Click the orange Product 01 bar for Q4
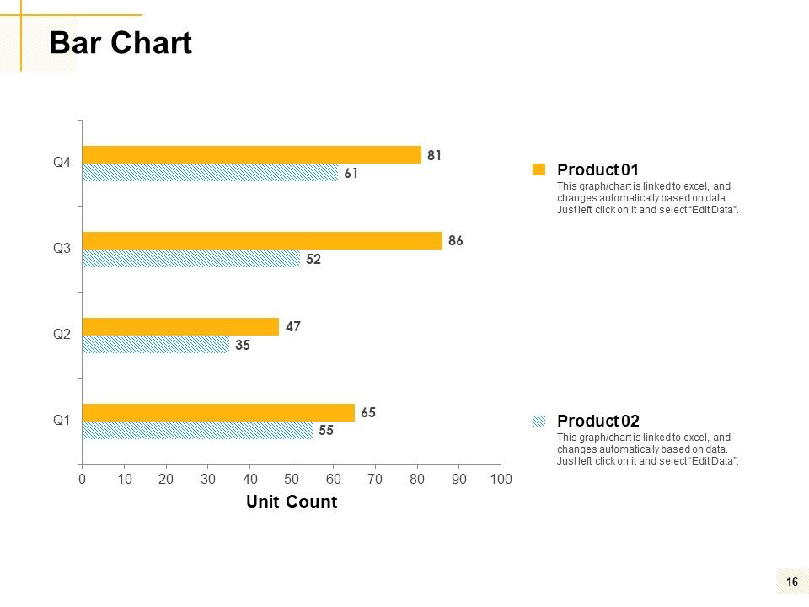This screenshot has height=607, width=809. [x=252, y=155]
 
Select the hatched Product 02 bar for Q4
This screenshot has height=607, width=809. [x=210, y=172]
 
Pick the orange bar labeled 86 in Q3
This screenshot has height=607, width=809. [x=263, y=240]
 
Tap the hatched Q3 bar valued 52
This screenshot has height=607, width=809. [x=191, y=258]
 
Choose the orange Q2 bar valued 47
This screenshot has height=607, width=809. [x=180, y=327]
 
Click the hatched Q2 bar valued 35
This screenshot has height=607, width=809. [x=156, y=344]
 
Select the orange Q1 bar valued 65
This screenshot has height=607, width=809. [x=219, y=412]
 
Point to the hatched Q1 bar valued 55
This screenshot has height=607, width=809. [x=197, y=430]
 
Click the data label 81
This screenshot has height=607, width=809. [x=435, y=155]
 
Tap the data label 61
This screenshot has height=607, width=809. [x=351, y=174]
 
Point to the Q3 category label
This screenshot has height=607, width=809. [x=62, y=248]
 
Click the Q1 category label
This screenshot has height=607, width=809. [x=62, y=420]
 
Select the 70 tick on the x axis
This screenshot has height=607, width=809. [x=375, y=479]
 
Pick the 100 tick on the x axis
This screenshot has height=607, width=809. [x=501, y=479]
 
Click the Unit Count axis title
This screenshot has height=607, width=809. [x=292, y=501]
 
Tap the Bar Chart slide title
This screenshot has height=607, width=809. [x=121, y=42]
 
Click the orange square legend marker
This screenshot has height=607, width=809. [x=538, y=169]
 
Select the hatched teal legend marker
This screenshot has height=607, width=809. [x=538, y=421]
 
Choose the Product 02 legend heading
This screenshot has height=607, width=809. [x=598, y=421]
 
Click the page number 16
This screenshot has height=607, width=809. [x=792, y=583]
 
